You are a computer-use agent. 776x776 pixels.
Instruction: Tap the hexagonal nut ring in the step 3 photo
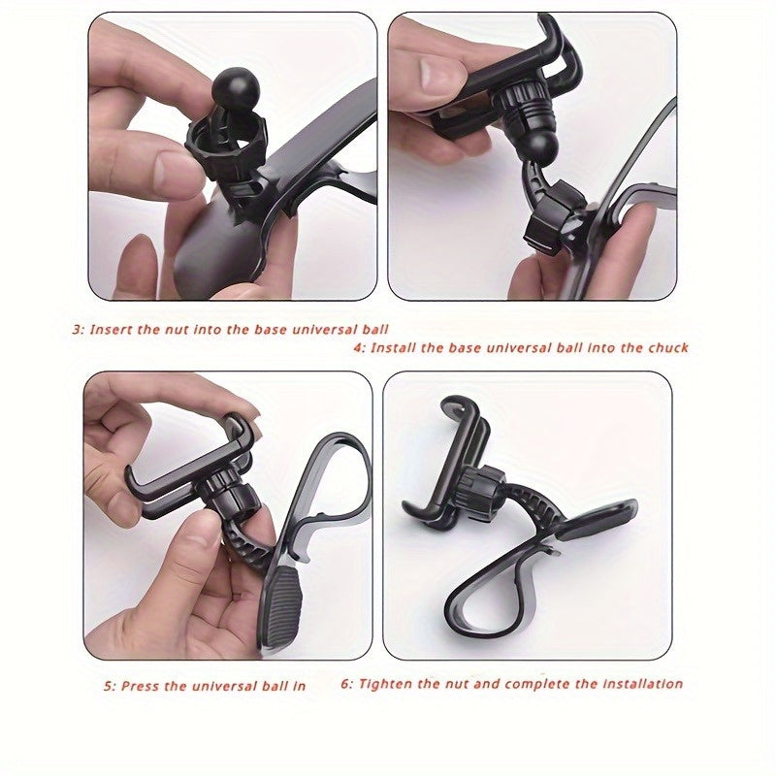click(225, 145)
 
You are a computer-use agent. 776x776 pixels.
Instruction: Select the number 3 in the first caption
click(77, 330)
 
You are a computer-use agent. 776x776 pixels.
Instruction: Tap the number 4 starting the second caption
click(358, 347)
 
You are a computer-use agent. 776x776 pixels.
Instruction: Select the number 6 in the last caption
click(346, 684)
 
